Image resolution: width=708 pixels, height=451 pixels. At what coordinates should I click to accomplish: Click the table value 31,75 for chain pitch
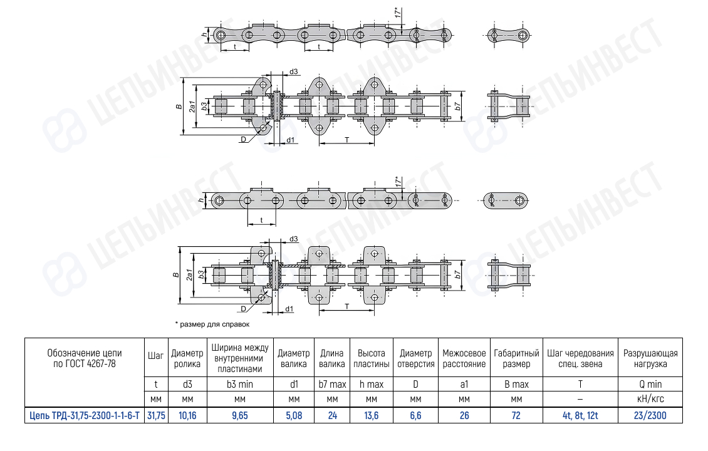156,415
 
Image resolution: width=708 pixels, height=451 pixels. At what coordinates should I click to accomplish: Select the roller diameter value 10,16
187,415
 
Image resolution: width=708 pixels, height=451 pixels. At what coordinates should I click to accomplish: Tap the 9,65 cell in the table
240,415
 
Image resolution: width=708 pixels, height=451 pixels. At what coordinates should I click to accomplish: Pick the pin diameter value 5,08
294,415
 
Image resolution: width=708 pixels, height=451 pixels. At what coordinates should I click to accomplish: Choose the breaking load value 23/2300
650,415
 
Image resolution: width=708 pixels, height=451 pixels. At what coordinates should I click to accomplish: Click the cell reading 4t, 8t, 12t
580,415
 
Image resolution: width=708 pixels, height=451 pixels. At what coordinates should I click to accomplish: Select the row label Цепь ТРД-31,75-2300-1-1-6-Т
85,415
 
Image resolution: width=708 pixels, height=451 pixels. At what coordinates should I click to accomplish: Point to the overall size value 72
516,415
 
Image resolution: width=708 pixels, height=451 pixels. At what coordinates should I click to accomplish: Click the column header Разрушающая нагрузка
650,358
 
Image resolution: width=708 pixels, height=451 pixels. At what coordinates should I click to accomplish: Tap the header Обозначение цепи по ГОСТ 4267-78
85,358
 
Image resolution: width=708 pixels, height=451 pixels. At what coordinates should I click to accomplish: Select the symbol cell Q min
650,384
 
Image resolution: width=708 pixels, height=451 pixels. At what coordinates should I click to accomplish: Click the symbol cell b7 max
332,384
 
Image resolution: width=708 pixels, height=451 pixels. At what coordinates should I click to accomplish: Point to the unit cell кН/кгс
650,399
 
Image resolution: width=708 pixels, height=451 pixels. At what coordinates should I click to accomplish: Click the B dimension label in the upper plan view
179,106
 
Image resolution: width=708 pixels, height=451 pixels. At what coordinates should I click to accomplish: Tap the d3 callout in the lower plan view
293,239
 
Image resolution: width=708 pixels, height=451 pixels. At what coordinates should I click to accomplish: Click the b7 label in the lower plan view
457,274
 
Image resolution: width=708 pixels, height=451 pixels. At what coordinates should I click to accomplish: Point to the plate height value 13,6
371,415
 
